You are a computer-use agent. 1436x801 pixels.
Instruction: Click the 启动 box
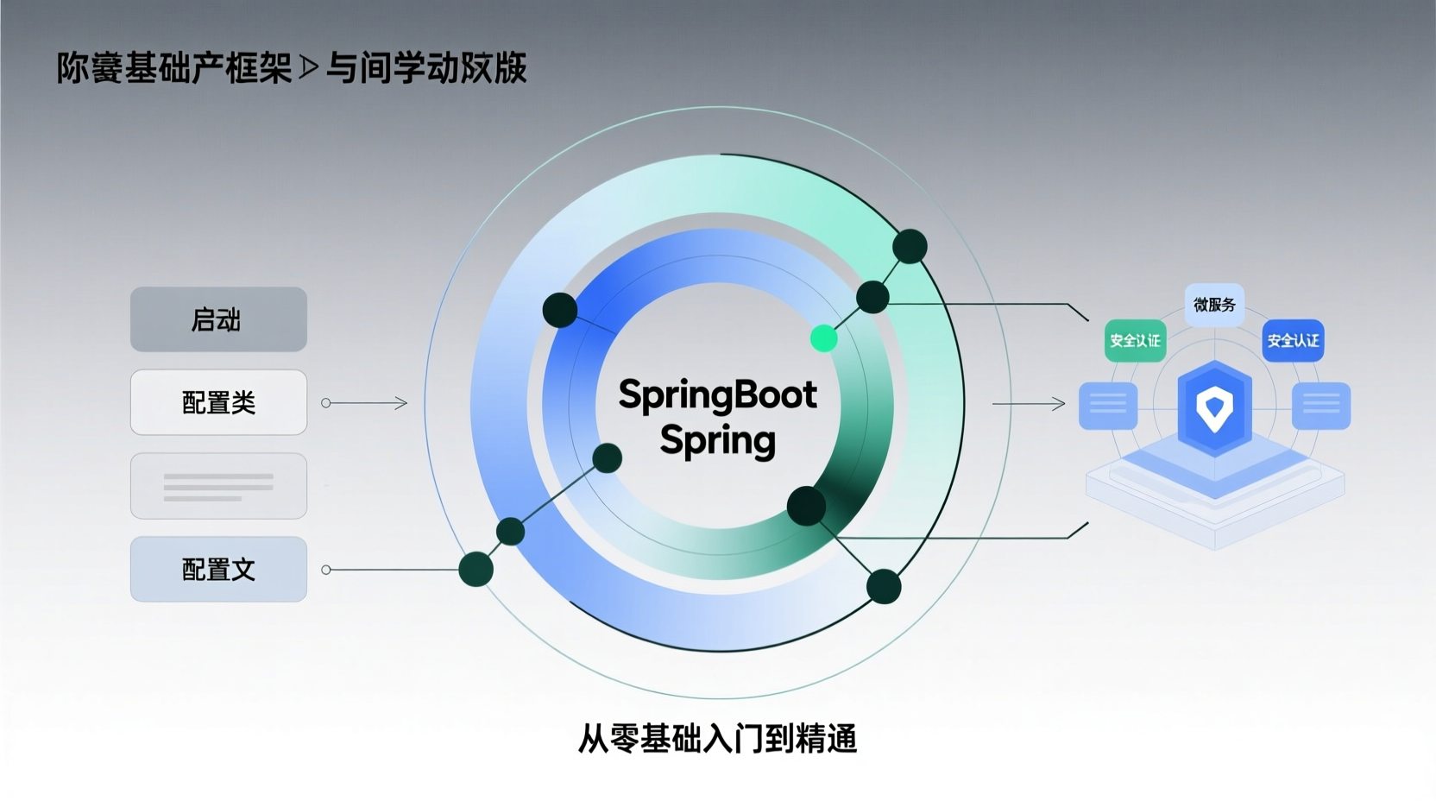[218, 319]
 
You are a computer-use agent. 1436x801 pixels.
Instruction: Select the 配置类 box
[218, 402]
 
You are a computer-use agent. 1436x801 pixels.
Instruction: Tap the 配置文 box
[218, 569]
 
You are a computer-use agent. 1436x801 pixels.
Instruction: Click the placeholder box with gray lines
[218, 486]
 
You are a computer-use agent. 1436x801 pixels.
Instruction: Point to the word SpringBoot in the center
[717, 395]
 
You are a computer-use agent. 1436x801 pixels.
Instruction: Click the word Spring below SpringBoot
[717, 440]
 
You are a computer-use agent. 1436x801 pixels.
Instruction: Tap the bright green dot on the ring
[824, 338]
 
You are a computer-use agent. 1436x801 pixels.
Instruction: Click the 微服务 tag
[1214, 305]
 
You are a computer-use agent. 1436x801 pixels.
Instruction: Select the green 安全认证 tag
[1135, 341]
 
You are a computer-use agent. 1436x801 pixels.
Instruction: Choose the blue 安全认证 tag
[1293, 341]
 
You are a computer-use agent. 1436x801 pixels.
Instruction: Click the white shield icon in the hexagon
[1215, 407]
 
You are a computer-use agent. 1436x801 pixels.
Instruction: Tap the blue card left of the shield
[1108, 405]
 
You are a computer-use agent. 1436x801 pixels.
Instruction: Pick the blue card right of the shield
[1320, 405]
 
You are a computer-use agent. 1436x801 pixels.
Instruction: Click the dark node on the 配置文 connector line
[476, 569]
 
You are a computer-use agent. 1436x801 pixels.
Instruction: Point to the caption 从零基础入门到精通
[717, 739]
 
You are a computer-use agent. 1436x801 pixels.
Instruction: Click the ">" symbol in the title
[309, 68]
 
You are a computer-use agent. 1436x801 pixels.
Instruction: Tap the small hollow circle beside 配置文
[326, 570]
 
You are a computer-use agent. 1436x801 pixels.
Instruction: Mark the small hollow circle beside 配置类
[326, 403]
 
